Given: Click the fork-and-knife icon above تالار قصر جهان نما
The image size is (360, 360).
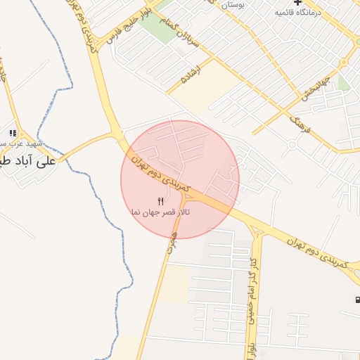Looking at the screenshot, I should coord(161,201).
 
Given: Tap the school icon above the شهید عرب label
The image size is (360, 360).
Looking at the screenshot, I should coord(13,133).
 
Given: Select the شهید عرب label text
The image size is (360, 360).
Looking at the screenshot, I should coord(28,143).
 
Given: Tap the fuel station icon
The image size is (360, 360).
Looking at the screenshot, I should coord(357,300).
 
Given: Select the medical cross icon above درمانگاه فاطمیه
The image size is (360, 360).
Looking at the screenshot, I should coord(298,3).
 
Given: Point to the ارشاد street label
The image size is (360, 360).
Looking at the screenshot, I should coord(190,75).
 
